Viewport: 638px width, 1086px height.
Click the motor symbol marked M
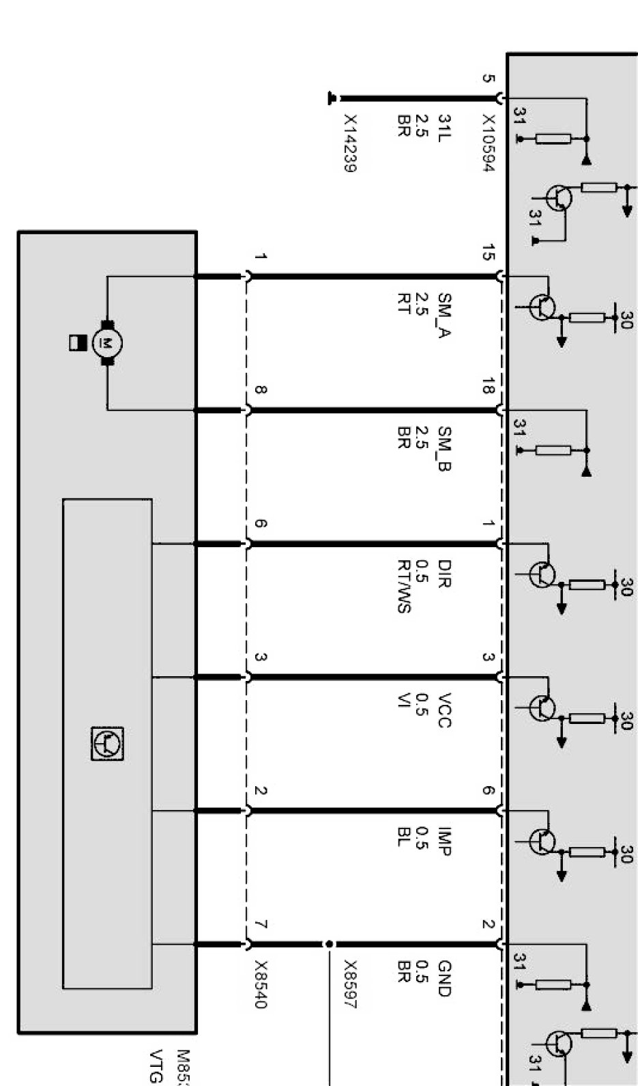[x=106, y=342]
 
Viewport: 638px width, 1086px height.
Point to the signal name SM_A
[x=444, y=315]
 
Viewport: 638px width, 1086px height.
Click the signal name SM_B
[x=444, y=449]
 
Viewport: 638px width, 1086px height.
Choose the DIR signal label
[x=444, y=574]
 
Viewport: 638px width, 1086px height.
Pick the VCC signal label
[x=444, y=710]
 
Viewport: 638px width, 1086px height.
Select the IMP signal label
[x=444, y=841]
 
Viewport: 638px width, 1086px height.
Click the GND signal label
[x=444, y=979]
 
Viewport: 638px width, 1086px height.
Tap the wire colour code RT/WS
[x=404, y=587]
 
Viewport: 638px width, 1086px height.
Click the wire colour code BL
[x=404, y=837]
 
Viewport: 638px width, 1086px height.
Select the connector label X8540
[x=261, y=985]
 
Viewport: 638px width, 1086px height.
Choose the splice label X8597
[x=350, y=984]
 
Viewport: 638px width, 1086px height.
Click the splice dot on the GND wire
[x=329, y=944]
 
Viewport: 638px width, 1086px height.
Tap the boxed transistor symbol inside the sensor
[x=107, y=743]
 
